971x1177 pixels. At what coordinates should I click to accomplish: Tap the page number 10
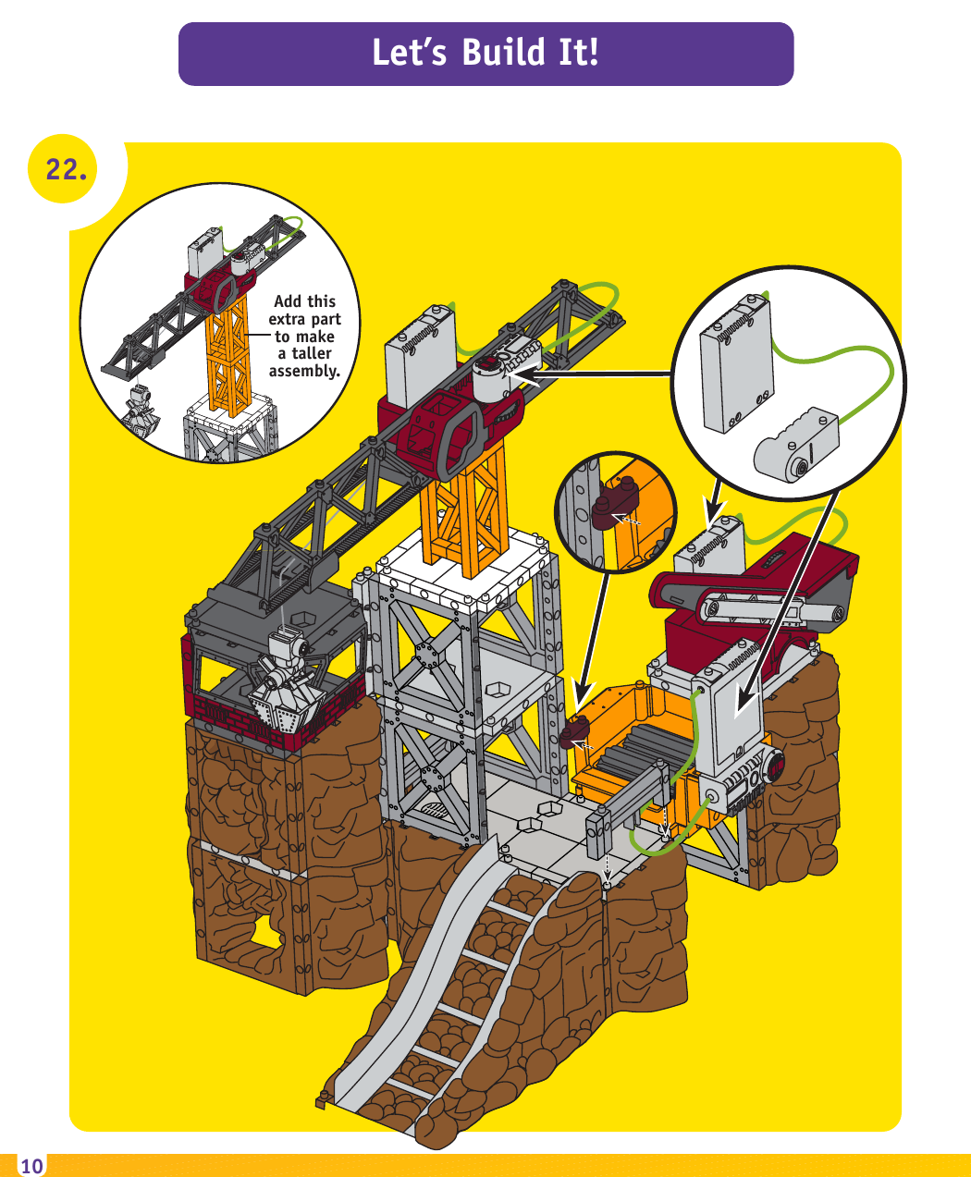click(31, 1166)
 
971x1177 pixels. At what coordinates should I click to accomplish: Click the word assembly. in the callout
click(304, 371)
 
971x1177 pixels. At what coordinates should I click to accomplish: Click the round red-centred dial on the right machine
click(773, 766)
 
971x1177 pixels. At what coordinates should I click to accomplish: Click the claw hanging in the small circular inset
click(141, 412)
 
